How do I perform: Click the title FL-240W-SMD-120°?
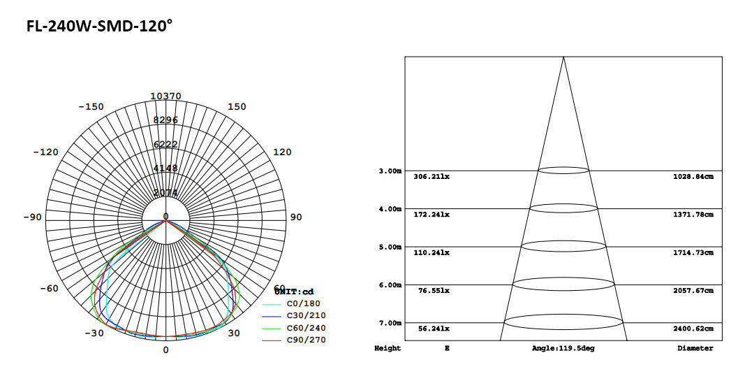coord(99,27)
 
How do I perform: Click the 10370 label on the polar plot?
coord(165,96)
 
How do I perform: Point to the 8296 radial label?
coord(165,120)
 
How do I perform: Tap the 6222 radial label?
coord(165,144)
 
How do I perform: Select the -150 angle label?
coord(90,107)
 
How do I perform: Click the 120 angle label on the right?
coord(281,152)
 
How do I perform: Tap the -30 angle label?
coord(94,333)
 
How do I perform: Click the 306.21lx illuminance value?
coord(431,177)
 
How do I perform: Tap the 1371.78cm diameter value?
coord(693,215)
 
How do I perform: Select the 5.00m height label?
coord(390,247)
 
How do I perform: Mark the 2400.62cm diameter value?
coord(693,329)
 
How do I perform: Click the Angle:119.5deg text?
coord(563,348)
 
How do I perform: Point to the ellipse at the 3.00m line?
coord(563,170)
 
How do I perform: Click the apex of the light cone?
coord(563,57)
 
